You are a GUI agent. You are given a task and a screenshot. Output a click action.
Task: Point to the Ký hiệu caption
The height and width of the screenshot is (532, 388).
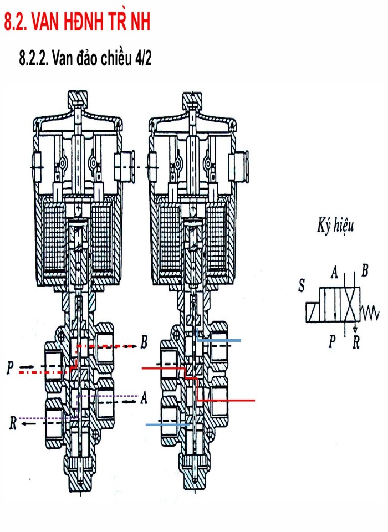pos(335,226)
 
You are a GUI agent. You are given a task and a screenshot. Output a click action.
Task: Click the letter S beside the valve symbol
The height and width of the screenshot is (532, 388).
pos(301,286)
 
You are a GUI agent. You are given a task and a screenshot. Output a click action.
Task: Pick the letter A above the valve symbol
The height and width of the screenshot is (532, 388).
pos(334,272)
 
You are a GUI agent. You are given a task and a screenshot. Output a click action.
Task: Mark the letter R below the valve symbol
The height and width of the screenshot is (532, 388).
pos(356,343)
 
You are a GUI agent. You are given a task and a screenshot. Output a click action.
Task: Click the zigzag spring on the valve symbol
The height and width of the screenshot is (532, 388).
pos(370,314)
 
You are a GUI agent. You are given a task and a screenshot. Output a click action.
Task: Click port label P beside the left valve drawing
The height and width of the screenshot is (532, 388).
pos(11,368)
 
